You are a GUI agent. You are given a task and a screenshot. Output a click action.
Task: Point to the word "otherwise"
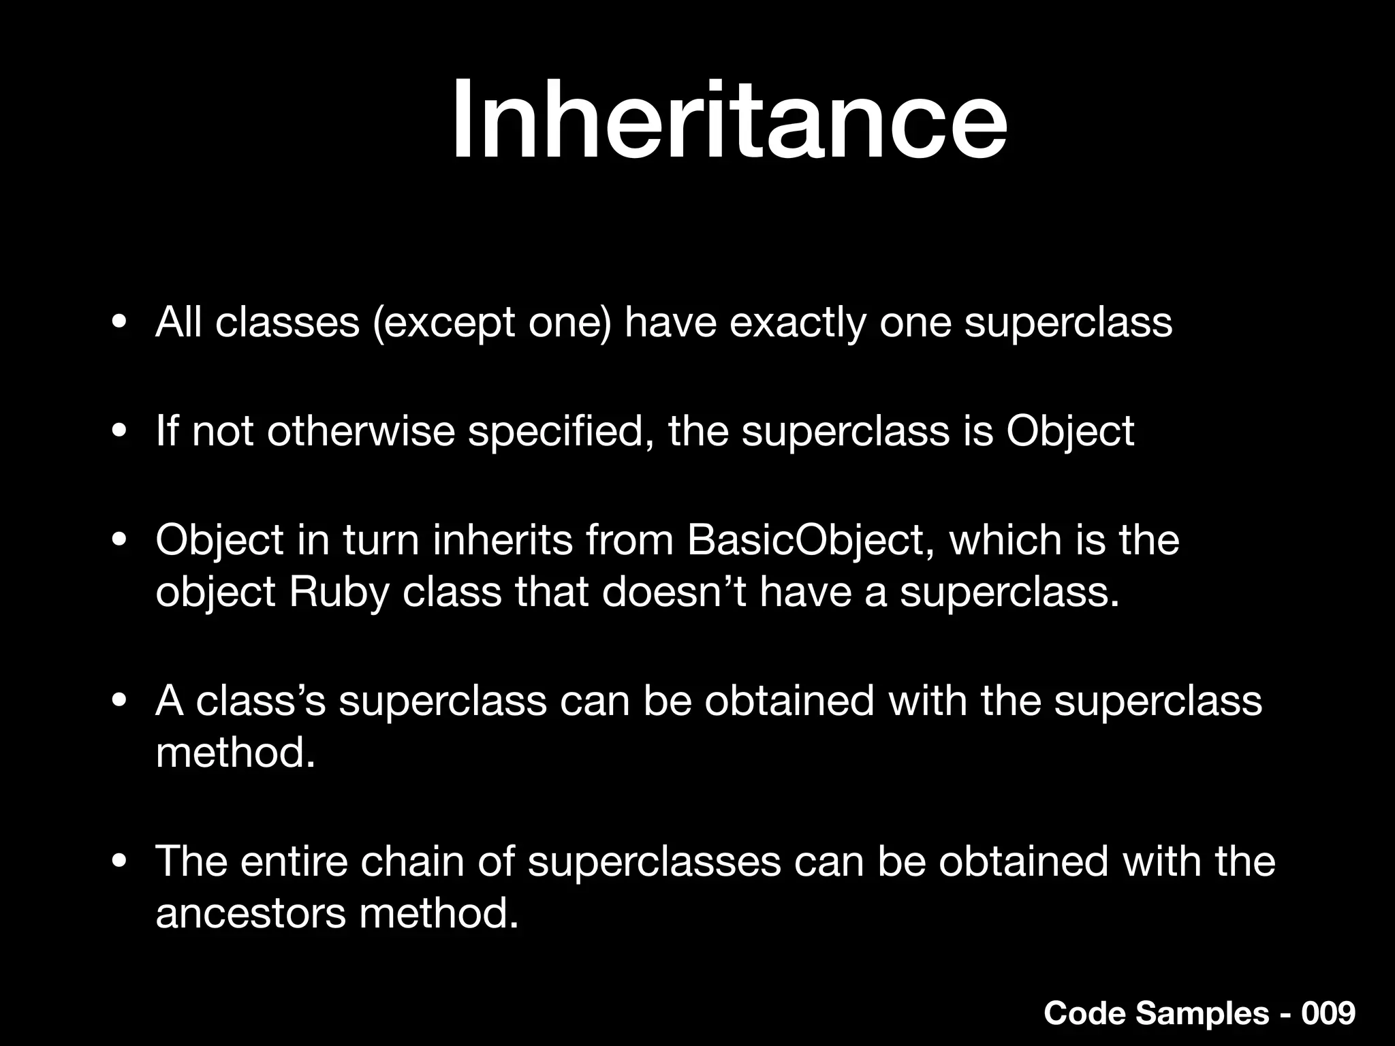(x=360, y=431)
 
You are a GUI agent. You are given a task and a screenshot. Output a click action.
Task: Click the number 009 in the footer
(x=1328, y=1014)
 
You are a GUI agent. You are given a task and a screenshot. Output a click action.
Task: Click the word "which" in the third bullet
(x=1005, y=540)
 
